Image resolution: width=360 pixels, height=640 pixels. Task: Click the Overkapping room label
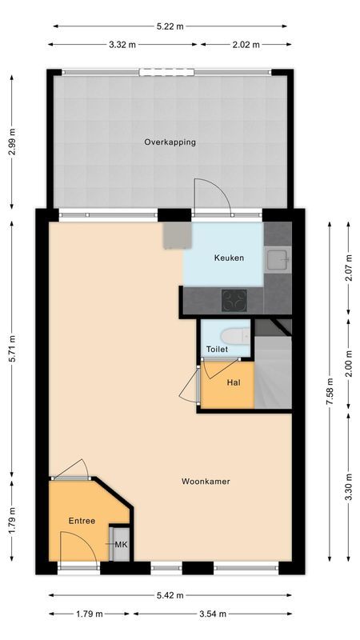(170, 142)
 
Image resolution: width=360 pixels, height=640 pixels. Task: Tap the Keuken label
(229, 258)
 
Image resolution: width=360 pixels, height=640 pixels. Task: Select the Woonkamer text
(206, 482)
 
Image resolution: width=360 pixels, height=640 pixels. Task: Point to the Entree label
(82, 521)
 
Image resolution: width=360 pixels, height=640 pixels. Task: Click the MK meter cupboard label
(121, 545)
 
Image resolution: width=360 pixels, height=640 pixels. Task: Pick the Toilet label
(217, 350)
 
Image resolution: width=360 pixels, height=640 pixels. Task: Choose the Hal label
(234, 382)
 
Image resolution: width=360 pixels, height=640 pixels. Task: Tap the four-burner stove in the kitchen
(234, 301)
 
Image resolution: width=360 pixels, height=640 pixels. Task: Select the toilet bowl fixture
(235, 335)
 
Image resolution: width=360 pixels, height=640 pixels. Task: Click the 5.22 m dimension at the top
(170, 26)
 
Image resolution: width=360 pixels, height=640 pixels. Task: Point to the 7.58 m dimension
(330, 392)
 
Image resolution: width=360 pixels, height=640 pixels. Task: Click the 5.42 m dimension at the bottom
(170, 595)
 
